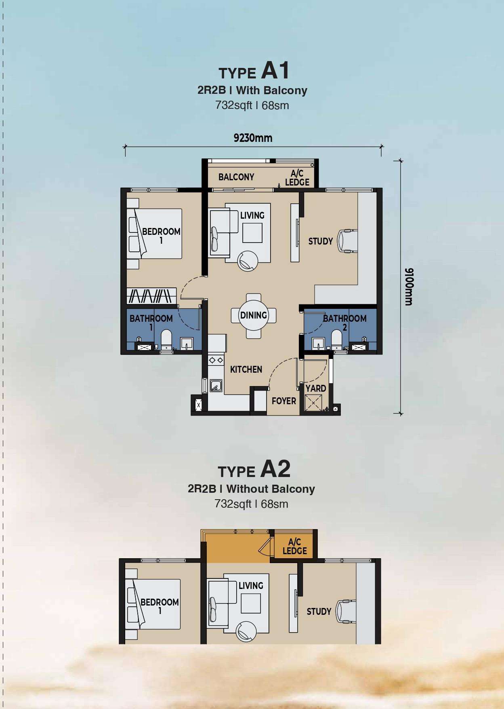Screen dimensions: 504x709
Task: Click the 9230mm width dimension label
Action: (x=253, y=138)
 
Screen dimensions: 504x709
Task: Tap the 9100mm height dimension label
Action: (x=409, y=287)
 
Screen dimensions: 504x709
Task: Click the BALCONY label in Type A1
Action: (x=236, y=177)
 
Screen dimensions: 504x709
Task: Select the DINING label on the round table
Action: (x=254, y=315)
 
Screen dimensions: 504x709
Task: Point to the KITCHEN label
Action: (x=246, y=369)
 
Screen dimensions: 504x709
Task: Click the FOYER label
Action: (x=284, y=401)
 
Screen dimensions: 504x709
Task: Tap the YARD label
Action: (x=316, y=388)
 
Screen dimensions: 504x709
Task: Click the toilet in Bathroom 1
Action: (x=166, y=340)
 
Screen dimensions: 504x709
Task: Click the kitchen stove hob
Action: (x=216, y=360)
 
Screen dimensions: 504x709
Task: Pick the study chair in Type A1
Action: (x=348, y=241)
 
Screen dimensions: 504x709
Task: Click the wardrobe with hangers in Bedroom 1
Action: (x=151, y=296)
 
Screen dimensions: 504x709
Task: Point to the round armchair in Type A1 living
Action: (x=248, y=261)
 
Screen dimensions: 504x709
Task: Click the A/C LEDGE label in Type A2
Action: (x=295, y=547)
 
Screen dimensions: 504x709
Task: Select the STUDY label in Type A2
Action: (x=319, y=612)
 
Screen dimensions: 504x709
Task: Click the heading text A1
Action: (x=275, y=70)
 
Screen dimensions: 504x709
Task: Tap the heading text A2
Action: (x=275, y=469)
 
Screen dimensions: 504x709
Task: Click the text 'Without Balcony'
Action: (x=271, y=489)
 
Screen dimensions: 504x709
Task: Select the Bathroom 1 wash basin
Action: (x=186, y=343)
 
